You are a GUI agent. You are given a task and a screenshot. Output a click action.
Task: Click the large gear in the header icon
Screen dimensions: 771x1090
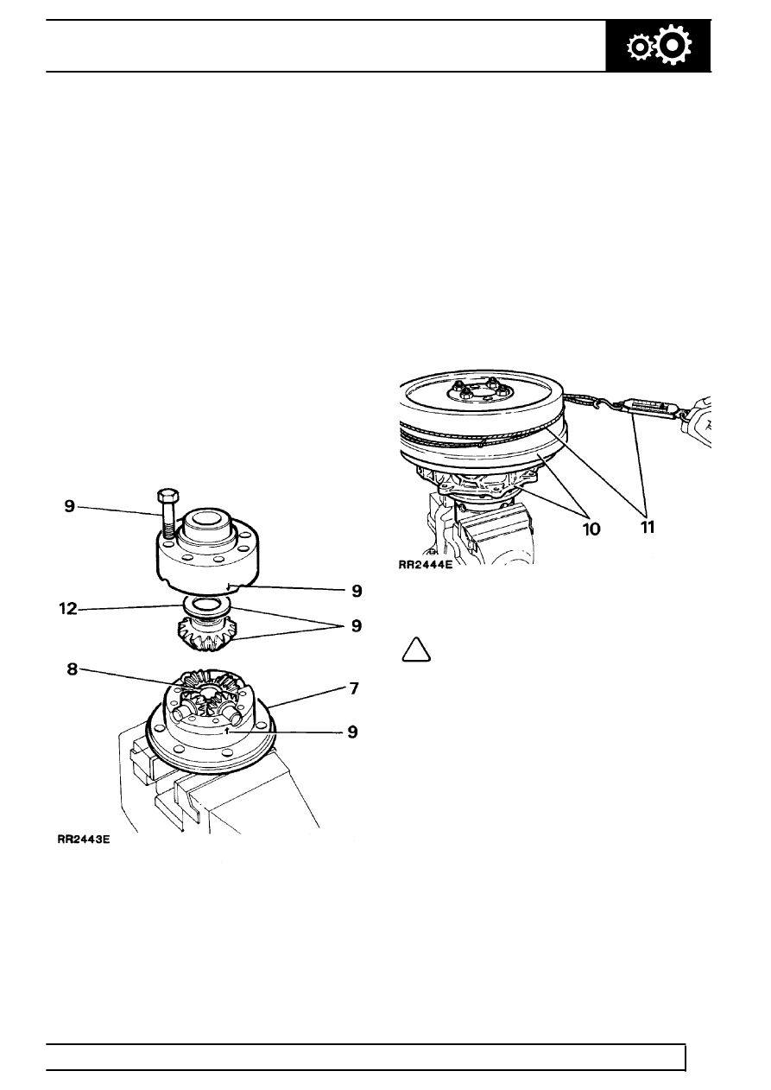pyautogui.click(x=673, y=45)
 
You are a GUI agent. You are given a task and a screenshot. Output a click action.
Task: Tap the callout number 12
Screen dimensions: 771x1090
pyautogui.click(x=67, y=608)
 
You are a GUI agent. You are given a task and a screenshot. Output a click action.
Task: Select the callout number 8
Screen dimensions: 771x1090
pyautogui.click(x=72, y=669)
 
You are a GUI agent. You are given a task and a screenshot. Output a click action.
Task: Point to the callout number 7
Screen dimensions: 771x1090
pyautogui.click(x=354, y=688)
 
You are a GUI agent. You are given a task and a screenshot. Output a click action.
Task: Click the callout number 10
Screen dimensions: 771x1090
pyautogui.click(x=591, y=529)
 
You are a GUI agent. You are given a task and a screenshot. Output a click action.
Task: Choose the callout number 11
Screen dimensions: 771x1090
pyautogui.click(x=647, y=527)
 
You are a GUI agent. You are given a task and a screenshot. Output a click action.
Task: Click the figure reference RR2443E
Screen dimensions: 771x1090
pyautogui.click(x=84, y=840)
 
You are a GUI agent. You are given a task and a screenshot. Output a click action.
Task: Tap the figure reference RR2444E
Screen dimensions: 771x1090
pyautogui.click(x=425, y=566)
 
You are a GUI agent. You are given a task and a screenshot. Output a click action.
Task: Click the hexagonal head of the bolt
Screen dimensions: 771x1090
pyautogui.click(x=167, y=497)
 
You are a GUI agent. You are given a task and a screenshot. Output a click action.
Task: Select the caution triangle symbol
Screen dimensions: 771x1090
pyautogui.click(x=416, y=650)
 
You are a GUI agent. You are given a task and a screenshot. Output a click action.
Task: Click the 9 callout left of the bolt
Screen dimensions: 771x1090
pyautogui.click(x=70, y=506)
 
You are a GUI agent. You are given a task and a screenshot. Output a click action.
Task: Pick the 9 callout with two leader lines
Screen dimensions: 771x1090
pyautogui.click(x=357, y=626)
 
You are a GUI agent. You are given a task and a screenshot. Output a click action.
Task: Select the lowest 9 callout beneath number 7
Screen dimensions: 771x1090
pyautogui.click(x=352, y=732)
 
